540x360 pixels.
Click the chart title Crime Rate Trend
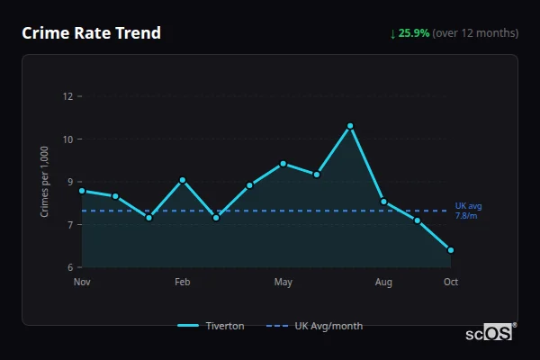click(x=91, y=33)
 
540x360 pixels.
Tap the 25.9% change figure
click(x=414, y=33)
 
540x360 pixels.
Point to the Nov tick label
click(x=82, y=282)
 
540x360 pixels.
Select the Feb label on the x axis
click(x=182, y=282)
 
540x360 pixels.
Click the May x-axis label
click(x=283, y=282)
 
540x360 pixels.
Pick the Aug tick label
click(x=383, y=282)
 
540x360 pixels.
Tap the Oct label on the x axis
click(x=451, y=282)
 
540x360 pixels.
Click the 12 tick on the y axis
click(x=67, y=96)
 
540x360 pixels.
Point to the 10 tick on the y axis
click(x=67, y=139)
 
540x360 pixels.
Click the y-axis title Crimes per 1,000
click(x=45, y=182)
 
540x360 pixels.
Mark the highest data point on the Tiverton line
click(x=350, y=126)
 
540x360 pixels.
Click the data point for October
click(x=451, y=250)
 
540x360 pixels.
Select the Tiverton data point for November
click(x=82, y=191)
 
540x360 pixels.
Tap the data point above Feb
click(x=183, y=180)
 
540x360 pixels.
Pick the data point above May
click(x=283, y=164)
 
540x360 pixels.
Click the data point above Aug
click(x=384, y=202)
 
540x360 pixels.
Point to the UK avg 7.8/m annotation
click(x=467, y=211)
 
